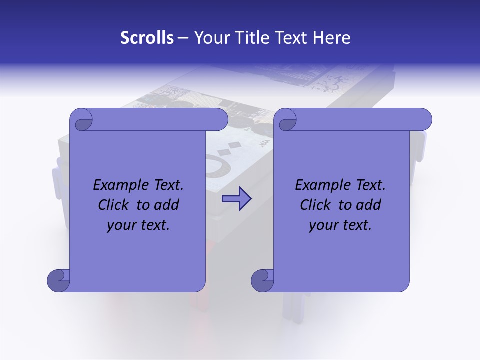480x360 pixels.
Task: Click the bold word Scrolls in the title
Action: [147, 38]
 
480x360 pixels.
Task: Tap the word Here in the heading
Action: [332, 38]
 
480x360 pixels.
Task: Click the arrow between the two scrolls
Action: [236, 199]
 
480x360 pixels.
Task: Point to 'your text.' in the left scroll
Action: [138, 225]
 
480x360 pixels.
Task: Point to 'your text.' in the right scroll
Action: [340, 225]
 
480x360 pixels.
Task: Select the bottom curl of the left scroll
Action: [58, 280]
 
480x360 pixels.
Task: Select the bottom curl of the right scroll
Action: [262, 280]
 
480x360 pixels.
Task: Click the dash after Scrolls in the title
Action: [183, 38]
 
